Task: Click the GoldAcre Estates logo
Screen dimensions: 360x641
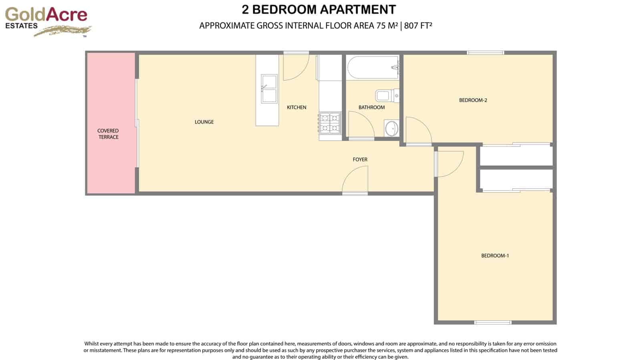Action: (x=47, y=21)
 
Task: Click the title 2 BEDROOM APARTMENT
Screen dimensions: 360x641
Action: (x=319, y=10)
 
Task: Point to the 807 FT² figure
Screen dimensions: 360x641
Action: (x=418, y=26)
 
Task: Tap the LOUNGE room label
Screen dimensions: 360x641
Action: (x=204, y=122)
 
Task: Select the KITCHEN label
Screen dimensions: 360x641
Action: (x=296, y=107)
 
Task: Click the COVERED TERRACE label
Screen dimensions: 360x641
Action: (x=108, y=134)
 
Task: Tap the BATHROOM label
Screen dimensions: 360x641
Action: (x=371, y=107)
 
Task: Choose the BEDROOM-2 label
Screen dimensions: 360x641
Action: (x=473, y=100)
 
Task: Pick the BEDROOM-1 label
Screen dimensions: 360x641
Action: (x=495, y=255)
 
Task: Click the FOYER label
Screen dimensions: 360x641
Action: (x=360, y=159)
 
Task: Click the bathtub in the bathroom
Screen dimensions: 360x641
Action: (x=373, y=68)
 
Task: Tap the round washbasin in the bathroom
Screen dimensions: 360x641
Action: (x=391, y=129)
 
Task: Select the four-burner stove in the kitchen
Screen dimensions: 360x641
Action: (x=330, y=123)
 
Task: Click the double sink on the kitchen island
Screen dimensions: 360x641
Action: (x=269, y=88)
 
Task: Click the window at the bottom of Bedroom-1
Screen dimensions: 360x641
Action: (x=493, y=322)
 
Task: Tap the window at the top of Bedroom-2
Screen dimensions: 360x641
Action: (x=485, y=52)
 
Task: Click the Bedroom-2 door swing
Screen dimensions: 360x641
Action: (x=417, y=131)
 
